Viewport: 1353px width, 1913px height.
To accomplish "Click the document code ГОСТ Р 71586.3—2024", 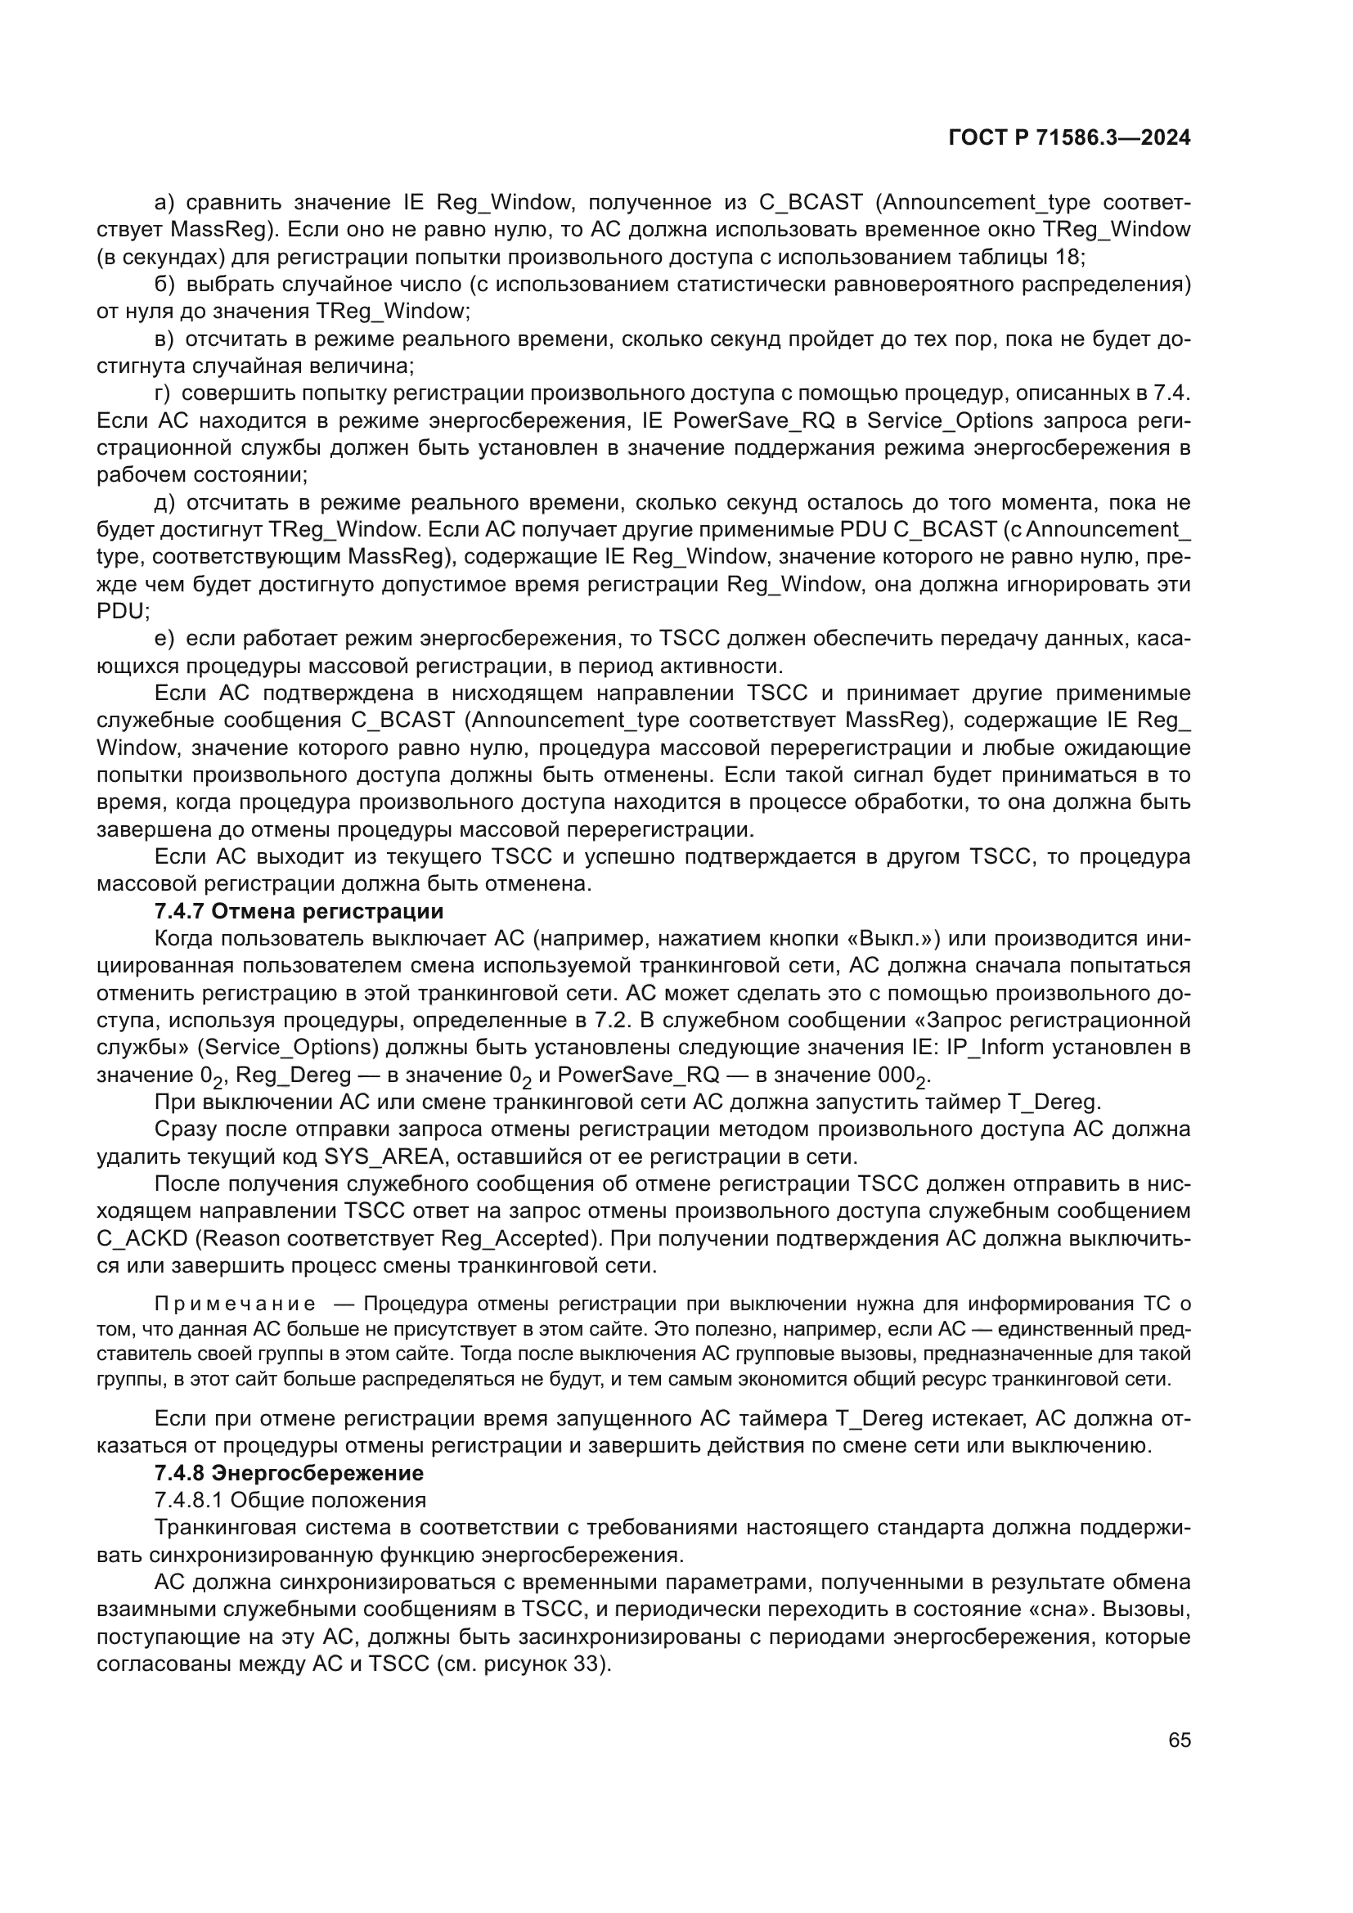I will (x=1069, y=138).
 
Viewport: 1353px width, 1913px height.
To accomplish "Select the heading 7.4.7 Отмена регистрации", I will (x=299, y=910).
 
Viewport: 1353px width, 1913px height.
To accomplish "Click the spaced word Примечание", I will (x=235, y=1304).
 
